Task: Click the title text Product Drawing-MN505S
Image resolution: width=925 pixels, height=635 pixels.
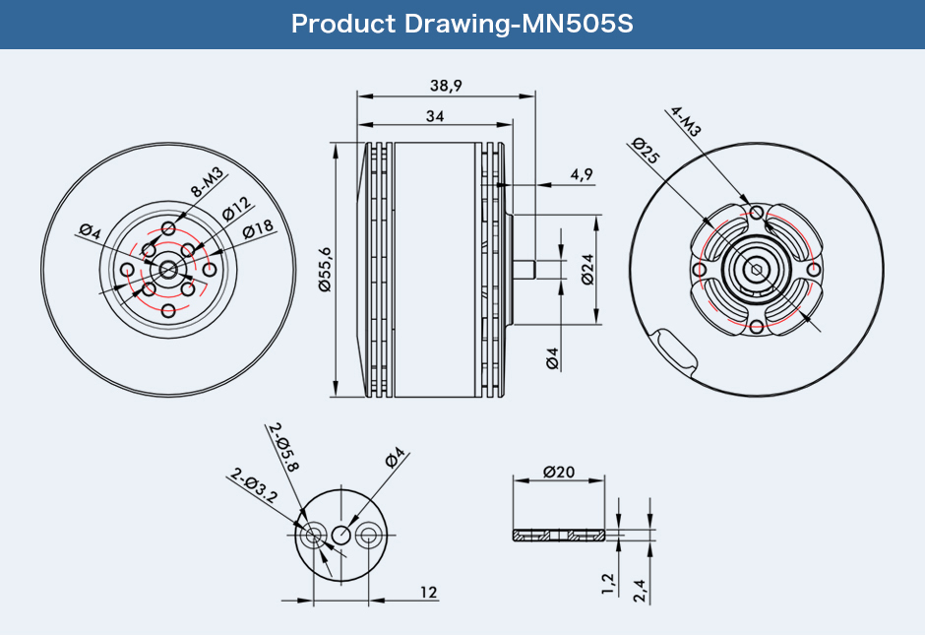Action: click(x=462, y=24)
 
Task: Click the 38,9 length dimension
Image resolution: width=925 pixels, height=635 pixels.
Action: click(x=446, y=87)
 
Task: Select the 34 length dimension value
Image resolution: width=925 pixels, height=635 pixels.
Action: click(x=435, y=116)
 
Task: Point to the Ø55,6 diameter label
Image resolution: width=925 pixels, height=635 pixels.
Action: click(x=325, y=270)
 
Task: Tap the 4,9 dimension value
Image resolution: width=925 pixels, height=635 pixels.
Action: click(x=581, y=174)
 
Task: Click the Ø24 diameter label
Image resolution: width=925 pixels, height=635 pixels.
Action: click(x=587, y=270)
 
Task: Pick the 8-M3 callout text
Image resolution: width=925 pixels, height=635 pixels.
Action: click(x=207, y=182)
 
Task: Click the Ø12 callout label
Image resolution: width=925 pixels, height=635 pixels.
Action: click(x=237, y=209)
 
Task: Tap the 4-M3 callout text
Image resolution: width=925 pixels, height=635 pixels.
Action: click(x=686, y=121)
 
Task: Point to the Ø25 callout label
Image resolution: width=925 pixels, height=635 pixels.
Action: click(x=646, y=150)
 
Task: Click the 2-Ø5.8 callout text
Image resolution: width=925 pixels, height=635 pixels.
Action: click(x=283, y=447)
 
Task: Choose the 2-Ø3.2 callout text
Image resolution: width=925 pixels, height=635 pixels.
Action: click(x=254, y=485)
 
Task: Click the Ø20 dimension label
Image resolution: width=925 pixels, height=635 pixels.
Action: click(x=559, y=473)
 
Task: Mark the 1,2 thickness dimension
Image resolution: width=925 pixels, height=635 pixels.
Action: click(x=608, y=584)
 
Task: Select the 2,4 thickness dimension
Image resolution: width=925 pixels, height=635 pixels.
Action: click(x=640, y=591)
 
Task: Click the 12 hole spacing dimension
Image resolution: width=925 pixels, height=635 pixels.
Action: click(x=429, y=592)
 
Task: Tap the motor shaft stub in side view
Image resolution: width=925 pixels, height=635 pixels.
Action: click(x=524, y=269)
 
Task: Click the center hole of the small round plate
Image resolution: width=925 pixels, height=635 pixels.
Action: click(x=341, y=536)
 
